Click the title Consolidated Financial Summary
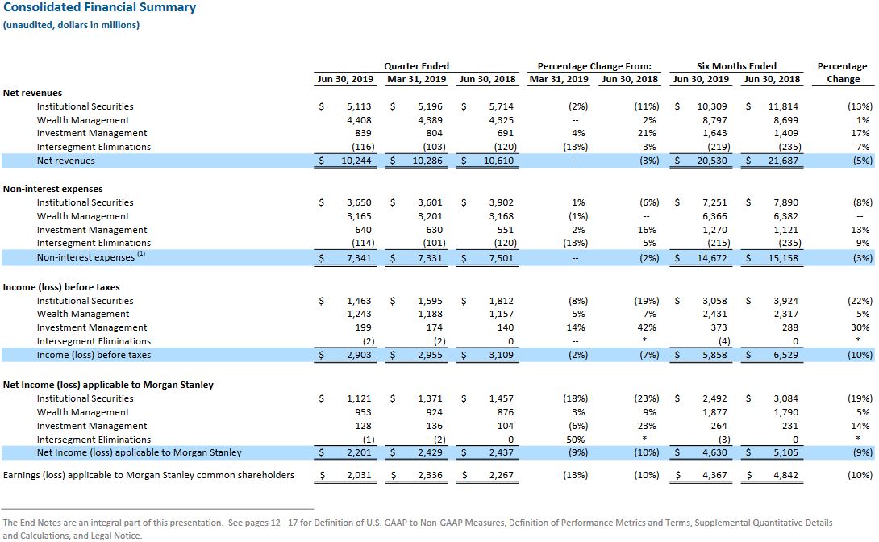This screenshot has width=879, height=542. point(100,7)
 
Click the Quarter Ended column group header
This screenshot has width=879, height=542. point(416,66)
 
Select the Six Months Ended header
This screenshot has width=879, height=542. point(736,66)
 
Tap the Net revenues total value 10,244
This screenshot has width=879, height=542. point(356,161)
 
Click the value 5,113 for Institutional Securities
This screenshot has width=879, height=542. point(359,106)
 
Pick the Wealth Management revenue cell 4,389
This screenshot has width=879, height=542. point(430,120)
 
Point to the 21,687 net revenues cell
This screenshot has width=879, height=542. point(783,161)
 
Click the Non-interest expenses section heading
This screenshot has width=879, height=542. point(52,189)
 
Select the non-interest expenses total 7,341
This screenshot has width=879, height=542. point(359,258)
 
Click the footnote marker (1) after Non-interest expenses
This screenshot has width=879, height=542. point(141,254)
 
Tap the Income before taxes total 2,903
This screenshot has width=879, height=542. point(359,356)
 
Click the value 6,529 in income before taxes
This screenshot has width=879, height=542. point(786,356)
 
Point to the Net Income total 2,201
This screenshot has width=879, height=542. point(359,453)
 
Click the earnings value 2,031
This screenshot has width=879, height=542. point(359,475)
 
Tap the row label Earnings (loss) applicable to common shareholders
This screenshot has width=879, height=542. point(148,475)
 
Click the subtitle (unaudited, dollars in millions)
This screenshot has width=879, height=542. point(71,25)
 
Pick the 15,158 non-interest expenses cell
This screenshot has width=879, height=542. point(783,258)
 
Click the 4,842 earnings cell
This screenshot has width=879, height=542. point(786,475)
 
